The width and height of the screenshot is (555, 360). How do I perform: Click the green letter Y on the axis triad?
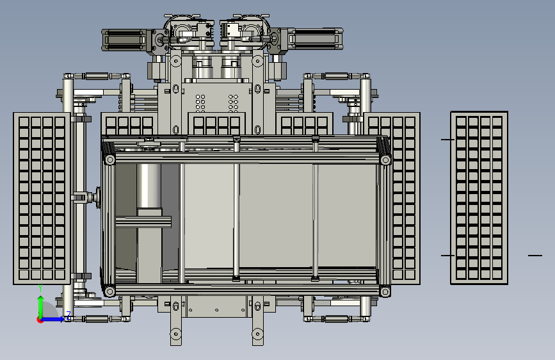point(40,288)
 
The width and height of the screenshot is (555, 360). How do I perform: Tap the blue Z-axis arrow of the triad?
point(53,319)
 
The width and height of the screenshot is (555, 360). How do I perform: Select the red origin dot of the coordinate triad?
point(39,320)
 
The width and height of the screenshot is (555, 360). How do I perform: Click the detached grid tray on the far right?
point(479,198)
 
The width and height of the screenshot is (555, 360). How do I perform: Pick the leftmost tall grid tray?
point(42,199)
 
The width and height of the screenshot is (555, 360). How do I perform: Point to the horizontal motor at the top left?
point(124,39)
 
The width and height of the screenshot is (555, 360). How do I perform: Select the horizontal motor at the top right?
point(316,38)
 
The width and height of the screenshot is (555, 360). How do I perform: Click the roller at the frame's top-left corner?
point(109,160)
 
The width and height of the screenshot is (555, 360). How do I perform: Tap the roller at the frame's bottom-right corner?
point(385,291)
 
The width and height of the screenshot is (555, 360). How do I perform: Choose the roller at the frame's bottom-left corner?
point(109,291)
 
